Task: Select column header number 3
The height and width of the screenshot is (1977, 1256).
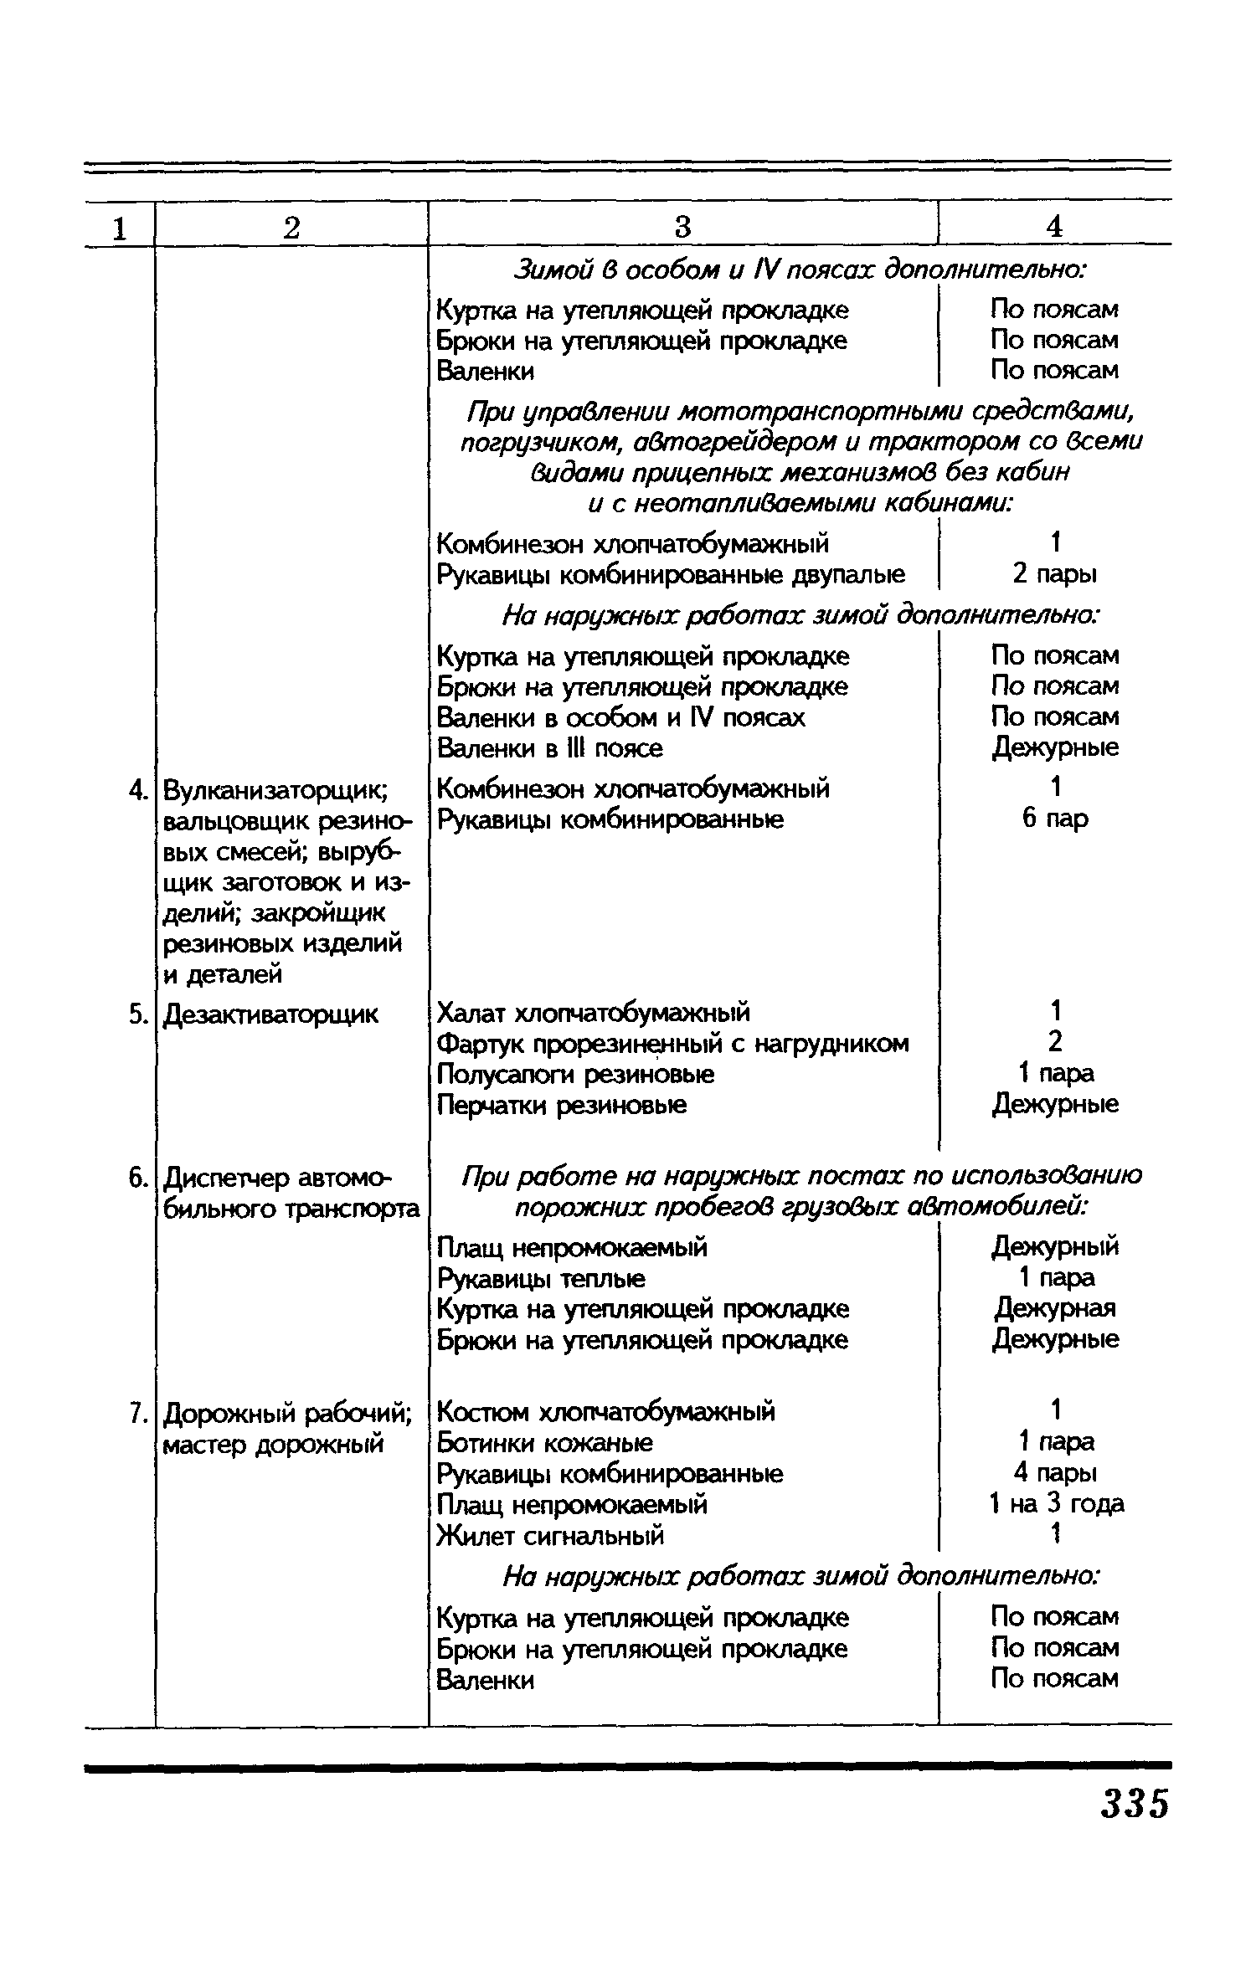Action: [682, 227]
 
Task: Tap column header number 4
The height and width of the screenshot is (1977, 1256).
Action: [1054, 227]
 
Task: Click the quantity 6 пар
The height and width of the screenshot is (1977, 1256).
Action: [1055, 818]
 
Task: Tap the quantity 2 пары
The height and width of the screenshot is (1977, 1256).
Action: [1055, 574]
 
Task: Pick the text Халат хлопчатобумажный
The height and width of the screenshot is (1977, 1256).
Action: [594, 1013]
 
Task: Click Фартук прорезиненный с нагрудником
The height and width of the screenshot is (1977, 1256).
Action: [672, 1044]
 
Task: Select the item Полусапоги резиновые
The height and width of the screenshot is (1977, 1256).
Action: [576, 1074]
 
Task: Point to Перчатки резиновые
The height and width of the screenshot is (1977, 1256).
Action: [562, 1105]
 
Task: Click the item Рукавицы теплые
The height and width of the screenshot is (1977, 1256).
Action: [542, 1278]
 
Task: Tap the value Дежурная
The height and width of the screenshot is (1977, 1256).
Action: [1055, 1308]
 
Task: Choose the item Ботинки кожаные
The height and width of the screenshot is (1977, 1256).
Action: [545, 1443]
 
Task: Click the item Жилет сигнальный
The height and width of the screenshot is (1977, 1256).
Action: [551, 1536]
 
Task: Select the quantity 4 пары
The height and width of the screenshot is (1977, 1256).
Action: [1055, 1473]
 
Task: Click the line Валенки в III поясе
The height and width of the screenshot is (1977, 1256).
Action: [550, 747]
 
